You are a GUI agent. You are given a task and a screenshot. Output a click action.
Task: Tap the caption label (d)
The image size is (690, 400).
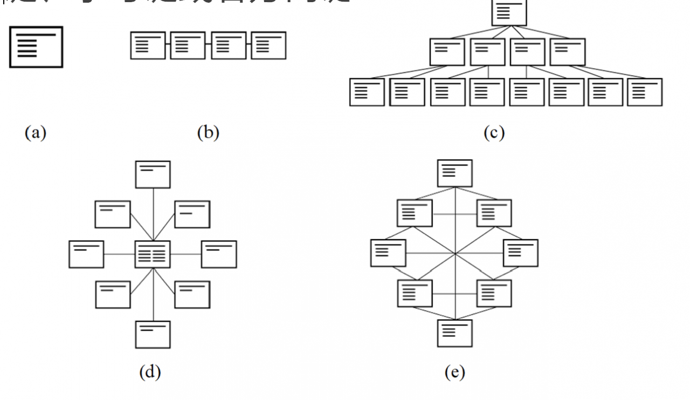tap(150, 372)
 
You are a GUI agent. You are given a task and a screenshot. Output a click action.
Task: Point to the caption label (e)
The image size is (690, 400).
tap(456, 372)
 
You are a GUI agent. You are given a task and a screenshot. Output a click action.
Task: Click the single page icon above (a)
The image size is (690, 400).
tap(36, 47)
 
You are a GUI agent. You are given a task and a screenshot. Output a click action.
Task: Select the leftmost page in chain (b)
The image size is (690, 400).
tap(148, 45)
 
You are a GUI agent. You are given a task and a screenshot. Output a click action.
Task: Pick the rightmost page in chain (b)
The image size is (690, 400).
tap(269, 45)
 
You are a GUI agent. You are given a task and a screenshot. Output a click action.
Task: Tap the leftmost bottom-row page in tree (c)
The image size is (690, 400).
tap(367, 92)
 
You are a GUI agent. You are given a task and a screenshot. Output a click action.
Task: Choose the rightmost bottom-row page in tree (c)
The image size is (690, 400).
tap(645, 92)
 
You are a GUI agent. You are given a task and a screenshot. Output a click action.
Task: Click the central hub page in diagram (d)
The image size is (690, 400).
tap(153, 254)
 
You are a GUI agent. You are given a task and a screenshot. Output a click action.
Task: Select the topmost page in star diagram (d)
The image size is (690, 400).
tap(153, 174)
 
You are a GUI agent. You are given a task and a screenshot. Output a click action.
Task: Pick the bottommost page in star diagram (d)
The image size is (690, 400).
tap(153, 334)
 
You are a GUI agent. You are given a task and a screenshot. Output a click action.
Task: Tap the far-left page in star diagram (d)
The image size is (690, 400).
tap(86, 254)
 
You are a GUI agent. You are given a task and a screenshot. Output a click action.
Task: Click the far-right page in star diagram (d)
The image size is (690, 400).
tap(219, 254)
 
